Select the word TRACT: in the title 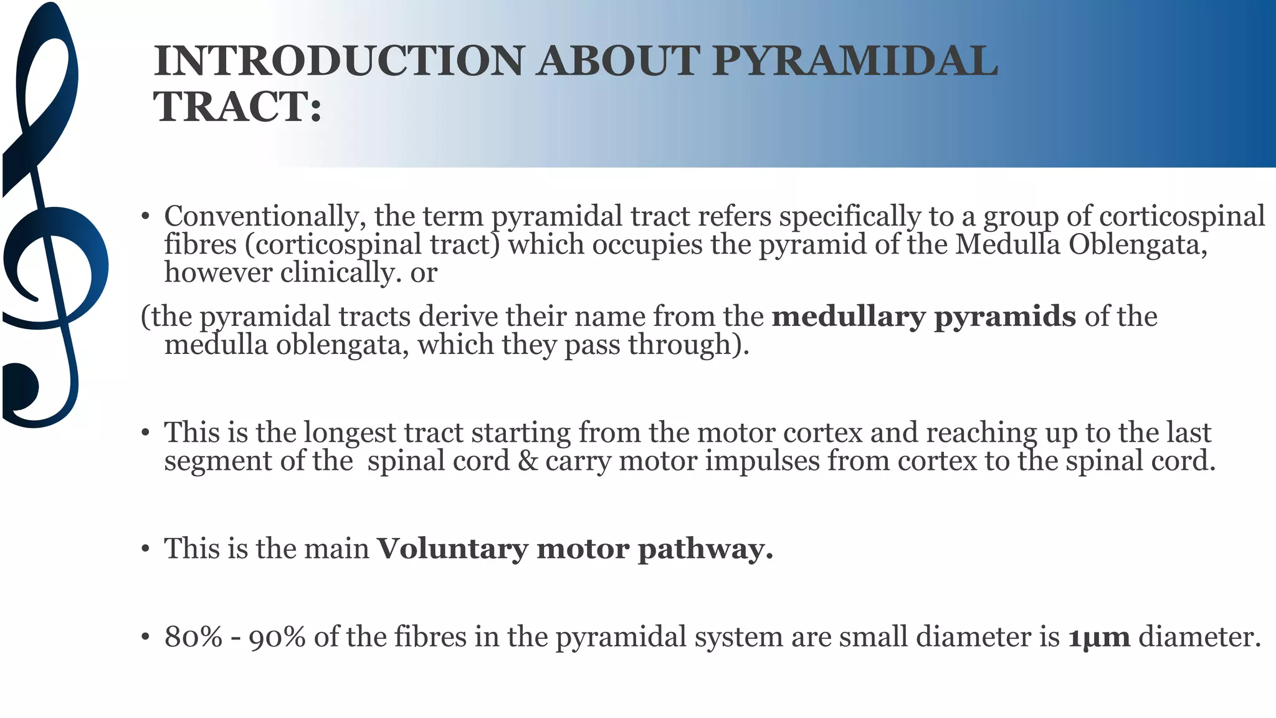pyautogui.click(x=237, y=107)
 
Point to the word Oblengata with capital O pyautogui.click(x=1138, y=244)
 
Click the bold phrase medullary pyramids pyautogui.click(x=923, y=317)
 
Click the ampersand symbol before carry pyautogui.click(x=527, y=461)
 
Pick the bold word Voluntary pyautogui.click(x=453, y=549)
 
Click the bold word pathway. pyautogui.click(x=705, y=549)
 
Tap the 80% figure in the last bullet pyautogui.click(x=193, y=637)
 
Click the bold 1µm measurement pyautogui.click(x=1099, y=637)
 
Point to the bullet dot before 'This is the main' pyautogui.click(x=145, y=549)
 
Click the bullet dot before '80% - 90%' pyautogui.click(x=145, y=637)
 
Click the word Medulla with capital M pyautogui.click(x=1007, y=244)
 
